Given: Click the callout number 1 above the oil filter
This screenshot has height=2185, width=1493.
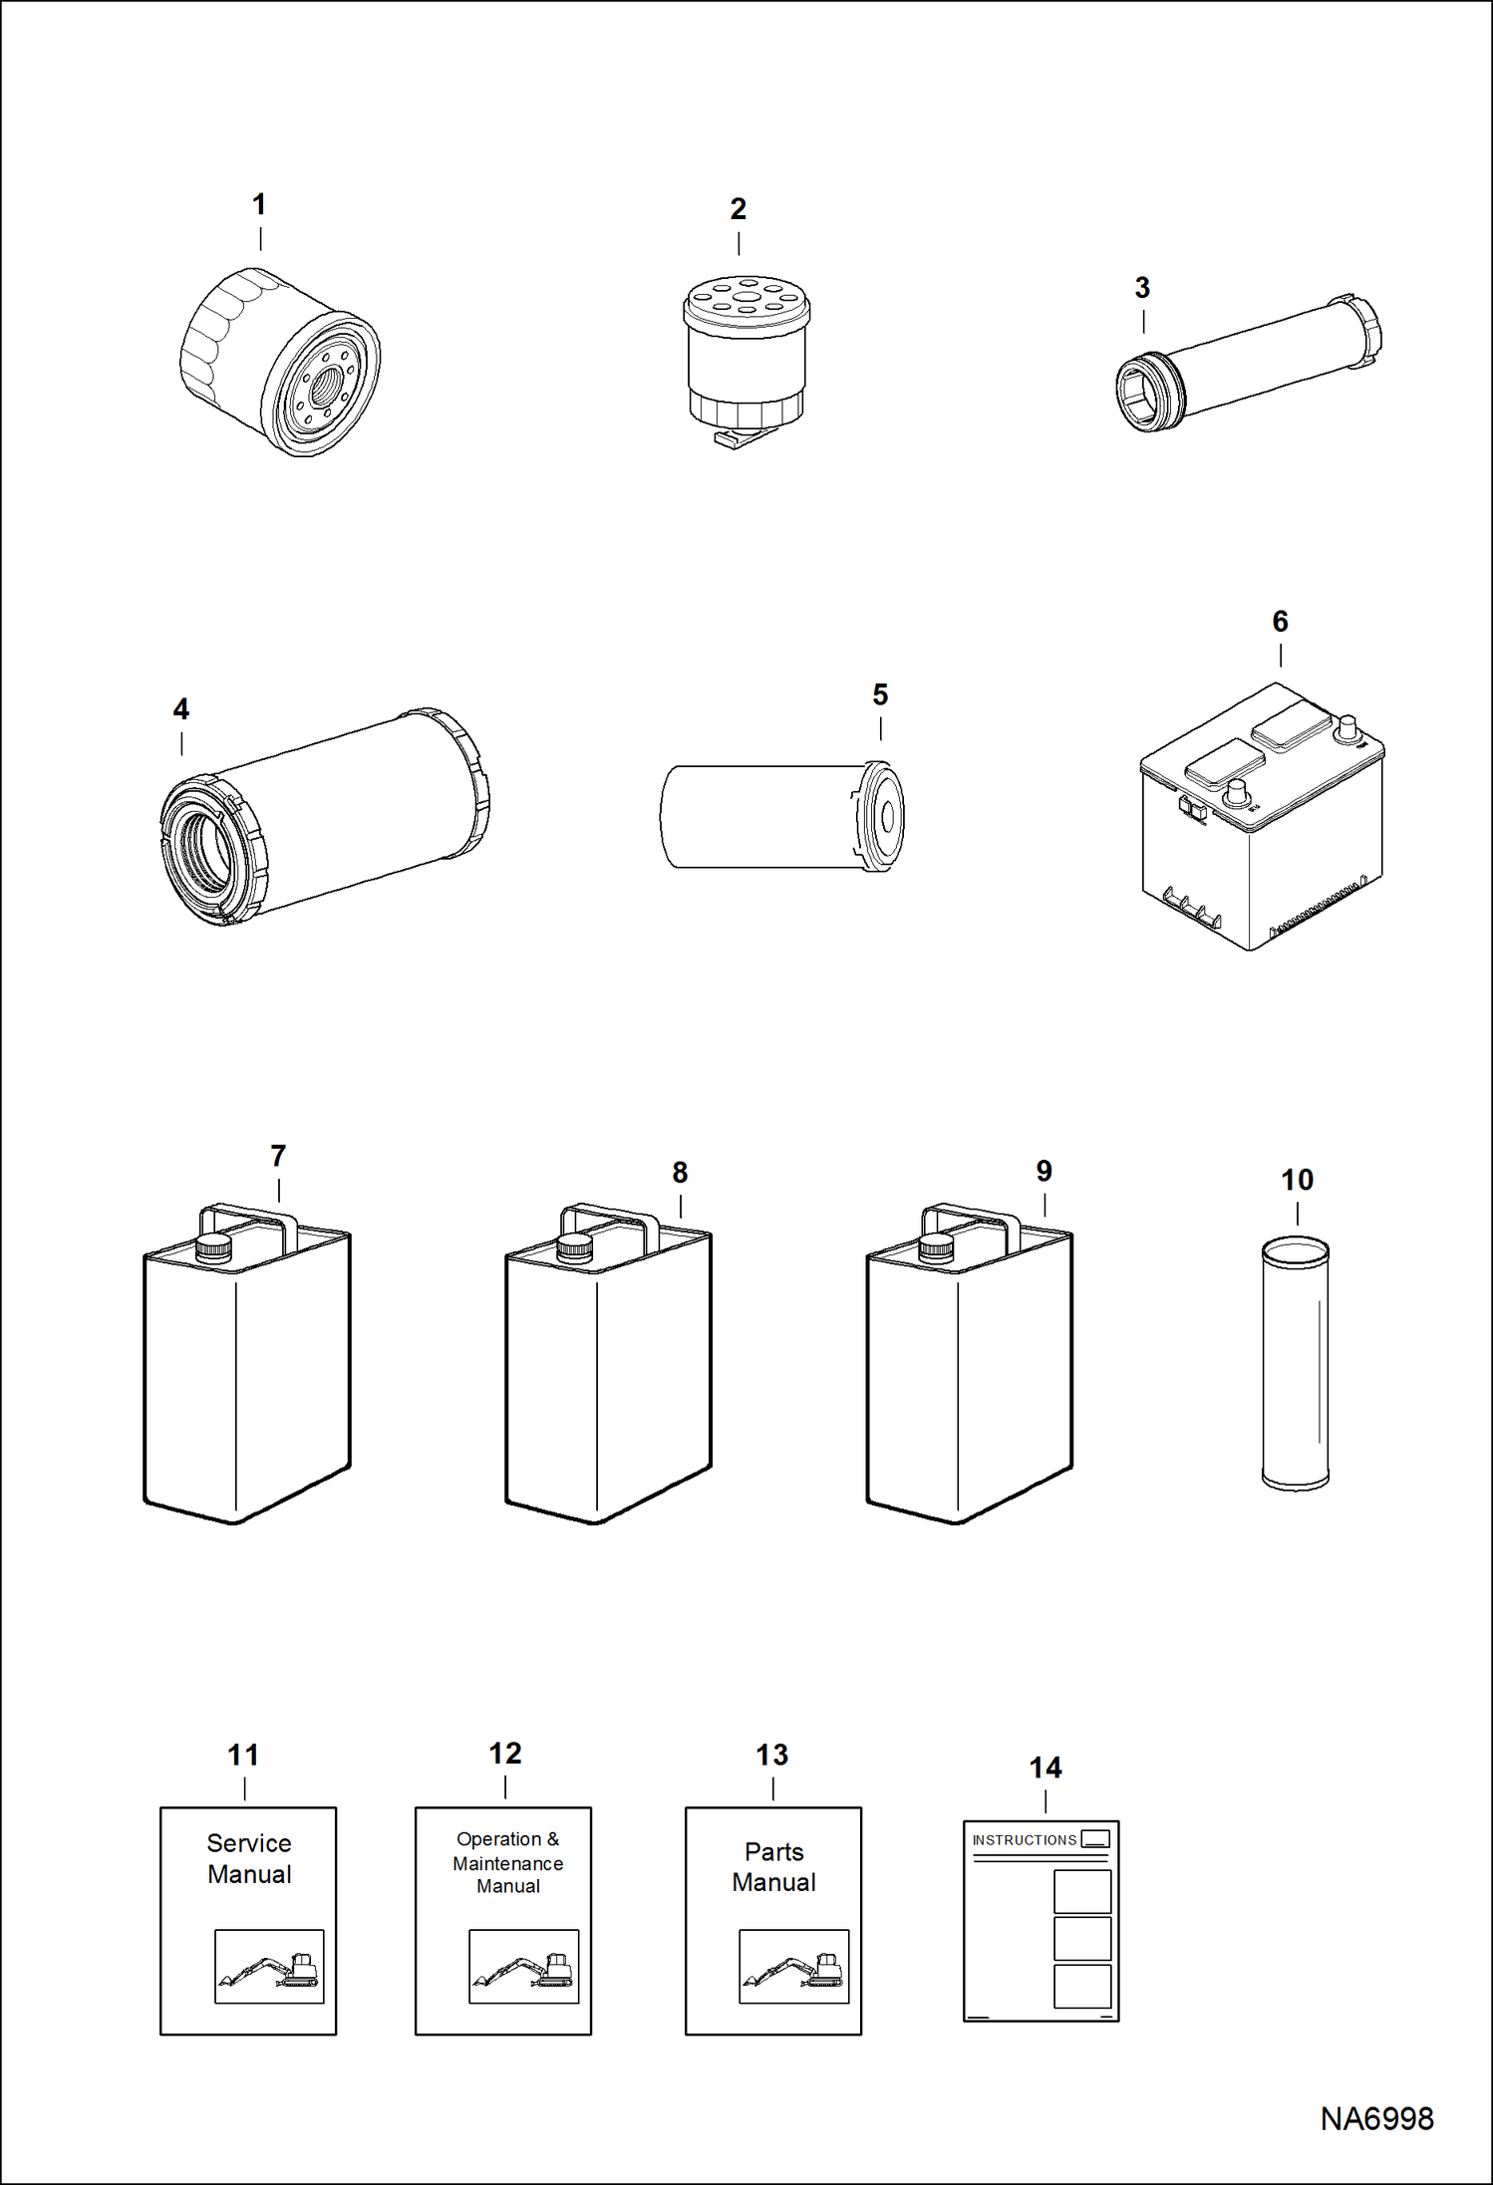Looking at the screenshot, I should [259, 205].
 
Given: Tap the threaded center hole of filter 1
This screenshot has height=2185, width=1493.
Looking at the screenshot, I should [324, 386].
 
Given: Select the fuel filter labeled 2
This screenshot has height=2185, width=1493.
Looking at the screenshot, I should [745, 360].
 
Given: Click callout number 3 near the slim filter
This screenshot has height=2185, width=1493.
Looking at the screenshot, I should [1142, 289].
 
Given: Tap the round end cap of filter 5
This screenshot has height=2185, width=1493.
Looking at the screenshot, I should [884, 816].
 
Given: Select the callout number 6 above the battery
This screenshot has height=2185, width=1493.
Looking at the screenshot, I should [1280, 622].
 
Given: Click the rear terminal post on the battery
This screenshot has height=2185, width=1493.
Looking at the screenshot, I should [1347, 726].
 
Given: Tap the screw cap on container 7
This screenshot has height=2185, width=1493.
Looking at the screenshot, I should [212, 1248].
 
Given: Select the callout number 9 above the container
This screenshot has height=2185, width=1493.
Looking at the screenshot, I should [1044, 1172].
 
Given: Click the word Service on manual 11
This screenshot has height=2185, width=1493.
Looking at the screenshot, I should [249, 1843].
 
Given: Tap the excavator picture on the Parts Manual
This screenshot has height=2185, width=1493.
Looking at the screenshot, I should [793, 1966].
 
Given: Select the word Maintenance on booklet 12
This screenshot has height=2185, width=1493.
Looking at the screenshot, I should [507, 1863].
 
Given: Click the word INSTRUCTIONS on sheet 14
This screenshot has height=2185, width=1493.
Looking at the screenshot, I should [1024, 1840].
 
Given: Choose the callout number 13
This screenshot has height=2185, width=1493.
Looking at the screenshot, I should [771, 1756].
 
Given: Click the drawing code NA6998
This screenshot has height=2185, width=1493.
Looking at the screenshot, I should [1376, 2119].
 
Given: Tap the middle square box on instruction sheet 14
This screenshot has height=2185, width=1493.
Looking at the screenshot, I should [1081, 1938].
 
